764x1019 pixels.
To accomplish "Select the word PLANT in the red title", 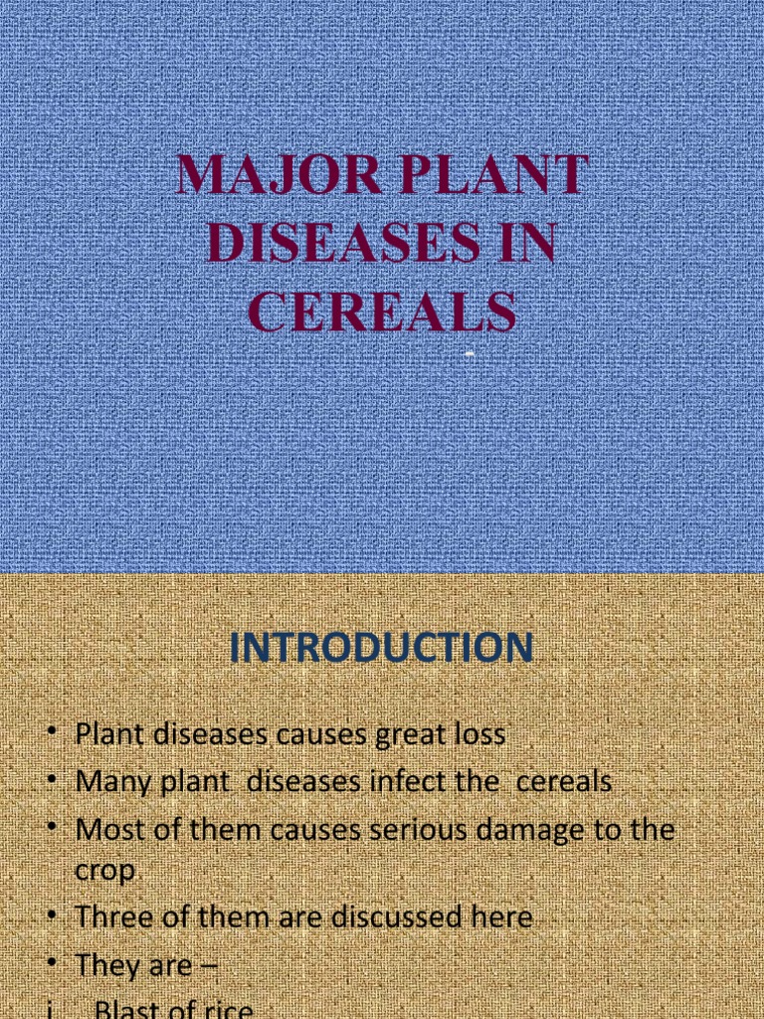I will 486,176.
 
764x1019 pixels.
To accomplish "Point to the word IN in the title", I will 523,244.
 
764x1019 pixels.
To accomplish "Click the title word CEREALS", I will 382,310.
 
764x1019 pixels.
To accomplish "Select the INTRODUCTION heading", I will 382,649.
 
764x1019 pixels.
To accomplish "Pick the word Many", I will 112,782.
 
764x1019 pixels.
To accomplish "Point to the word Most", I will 109,829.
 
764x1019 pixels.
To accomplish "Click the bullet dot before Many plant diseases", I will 51,781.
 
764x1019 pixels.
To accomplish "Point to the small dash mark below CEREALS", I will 467,354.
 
